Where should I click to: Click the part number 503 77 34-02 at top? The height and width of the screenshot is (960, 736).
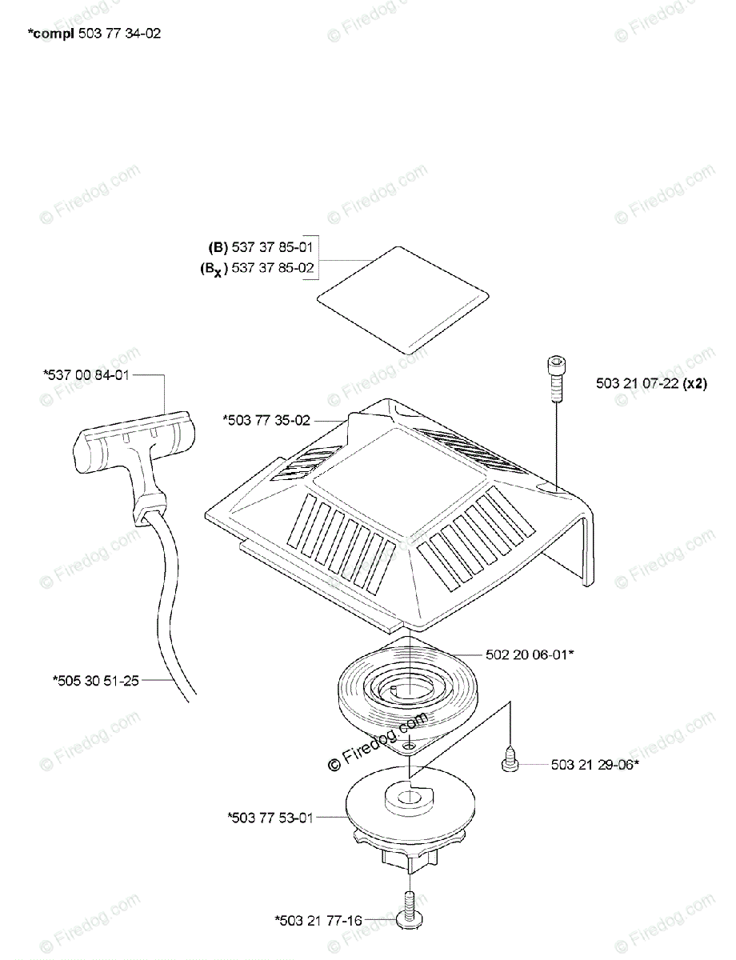tap(121, 34)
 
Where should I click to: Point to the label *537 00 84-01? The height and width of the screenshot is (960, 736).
tap(86, 374)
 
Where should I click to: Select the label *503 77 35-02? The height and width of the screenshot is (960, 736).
tap(266, 418)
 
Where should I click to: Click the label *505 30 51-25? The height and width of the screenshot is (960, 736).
tap(96, 681)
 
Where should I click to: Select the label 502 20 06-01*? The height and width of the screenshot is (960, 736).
tap(530, 654)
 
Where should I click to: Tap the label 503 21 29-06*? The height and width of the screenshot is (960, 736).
tap(594, 765)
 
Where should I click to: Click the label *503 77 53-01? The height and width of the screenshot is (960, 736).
tap(270, 817)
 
